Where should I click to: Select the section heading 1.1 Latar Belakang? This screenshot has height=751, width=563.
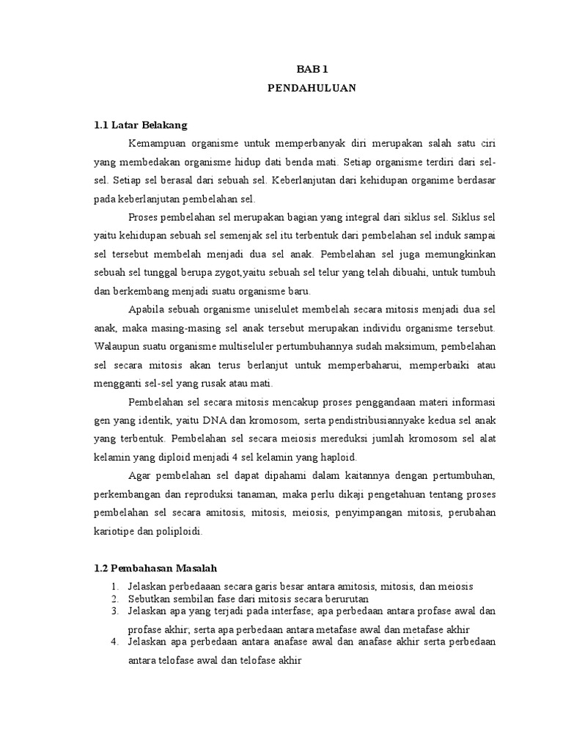point(141,125)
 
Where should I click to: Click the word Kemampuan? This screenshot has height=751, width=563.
point(156,142)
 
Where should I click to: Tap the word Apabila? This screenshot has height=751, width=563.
point(147,307)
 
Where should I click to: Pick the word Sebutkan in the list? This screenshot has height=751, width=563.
point(147,598)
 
